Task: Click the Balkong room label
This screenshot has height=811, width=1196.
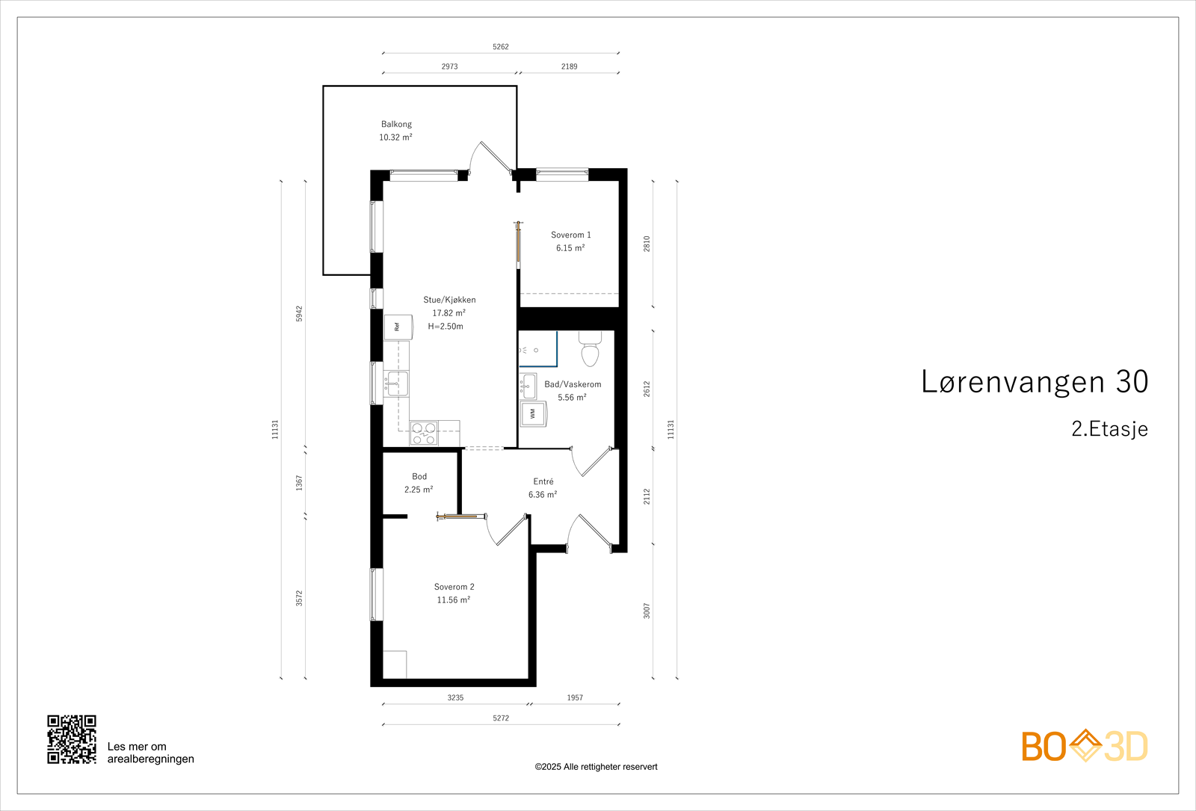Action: [396, 124]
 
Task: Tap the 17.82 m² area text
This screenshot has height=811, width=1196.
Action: [449, 313]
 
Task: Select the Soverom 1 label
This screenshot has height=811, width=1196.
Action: [570, 235]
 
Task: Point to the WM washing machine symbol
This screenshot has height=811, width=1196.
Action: [534, 413]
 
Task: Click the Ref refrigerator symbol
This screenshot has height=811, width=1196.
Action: [398, 327]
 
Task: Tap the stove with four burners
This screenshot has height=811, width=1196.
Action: [424, 434]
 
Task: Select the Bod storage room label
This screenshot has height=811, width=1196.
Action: [419, 476]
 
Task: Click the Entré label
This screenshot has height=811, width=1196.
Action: [543, 481]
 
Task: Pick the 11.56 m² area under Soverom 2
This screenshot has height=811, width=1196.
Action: [453, 600]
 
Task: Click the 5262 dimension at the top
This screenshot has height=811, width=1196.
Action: [500, 46]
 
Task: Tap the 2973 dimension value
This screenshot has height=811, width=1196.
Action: [449, 67]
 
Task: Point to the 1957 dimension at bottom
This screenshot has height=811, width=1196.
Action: [574, 697]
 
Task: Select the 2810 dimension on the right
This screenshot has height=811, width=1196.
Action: [647, 244]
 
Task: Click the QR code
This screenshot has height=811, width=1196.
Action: [72, 739]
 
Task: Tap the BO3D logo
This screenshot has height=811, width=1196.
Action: [1085, 746]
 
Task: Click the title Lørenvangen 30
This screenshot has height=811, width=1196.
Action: [1034, 382]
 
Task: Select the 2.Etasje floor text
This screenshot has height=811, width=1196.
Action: [1109, 429]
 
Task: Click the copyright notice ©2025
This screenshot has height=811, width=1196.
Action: [596, 767]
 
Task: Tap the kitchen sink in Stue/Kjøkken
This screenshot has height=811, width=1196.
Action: [396, 383]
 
